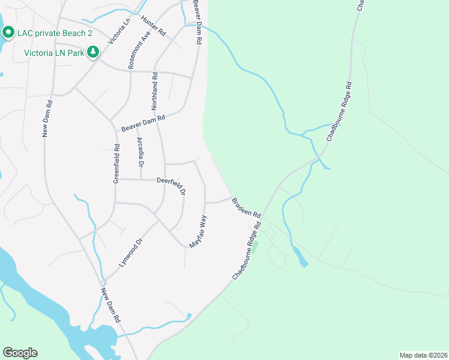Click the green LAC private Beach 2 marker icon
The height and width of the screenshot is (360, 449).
pos(8,32)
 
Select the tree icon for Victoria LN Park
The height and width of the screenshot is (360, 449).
pos(92,53)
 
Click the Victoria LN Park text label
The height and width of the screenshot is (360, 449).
pos(54,53)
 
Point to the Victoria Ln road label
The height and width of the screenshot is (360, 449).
pos(119,31)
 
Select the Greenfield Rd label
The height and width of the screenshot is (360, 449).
pos(116,166)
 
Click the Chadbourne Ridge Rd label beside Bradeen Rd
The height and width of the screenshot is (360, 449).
pos(247,251)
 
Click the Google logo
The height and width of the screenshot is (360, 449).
pos(20,353)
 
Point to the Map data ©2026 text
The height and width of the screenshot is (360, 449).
pos(423,355)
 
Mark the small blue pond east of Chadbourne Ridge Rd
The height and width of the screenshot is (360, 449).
pos(301,259)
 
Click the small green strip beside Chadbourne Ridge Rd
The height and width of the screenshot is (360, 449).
pos(255,247)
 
